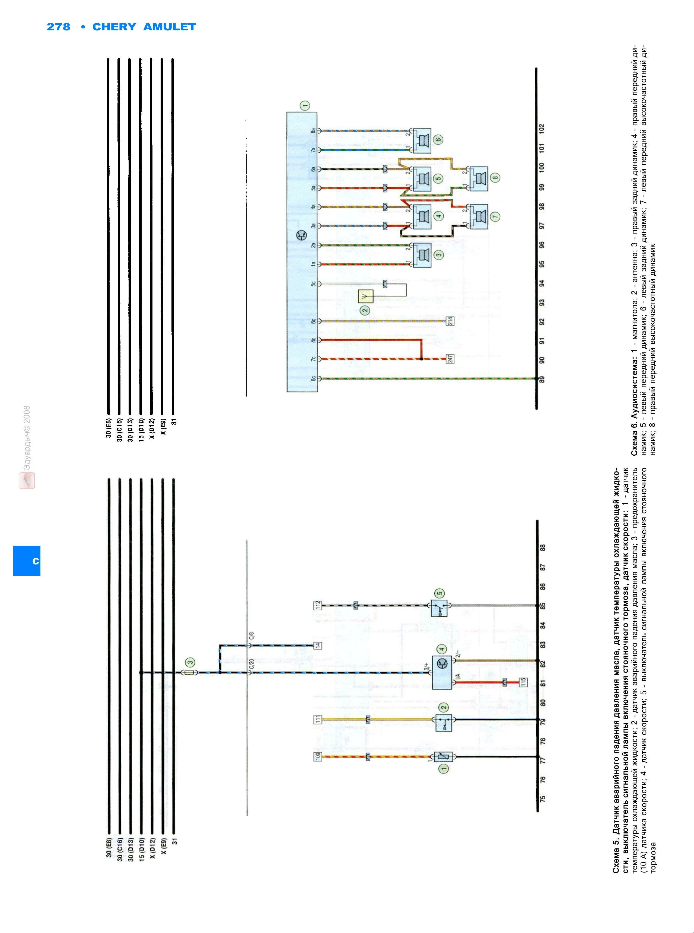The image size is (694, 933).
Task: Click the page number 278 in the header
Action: (x=58, y=27)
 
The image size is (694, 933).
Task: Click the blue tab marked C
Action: (x=27, y=561)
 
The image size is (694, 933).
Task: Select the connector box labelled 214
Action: (x=450, y=321)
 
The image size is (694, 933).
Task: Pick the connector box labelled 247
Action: (x=450, y=359)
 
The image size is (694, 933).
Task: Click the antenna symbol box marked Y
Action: (x=365, y=296)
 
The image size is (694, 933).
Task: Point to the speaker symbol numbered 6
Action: (x=421, y=140)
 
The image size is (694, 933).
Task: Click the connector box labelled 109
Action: (x=318, y=757)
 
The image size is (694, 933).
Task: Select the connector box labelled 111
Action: (x=318, y=719)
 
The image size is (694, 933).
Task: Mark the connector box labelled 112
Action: (x=318, y=605)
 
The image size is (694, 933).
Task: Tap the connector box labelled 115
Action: (x=523, y=682)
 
